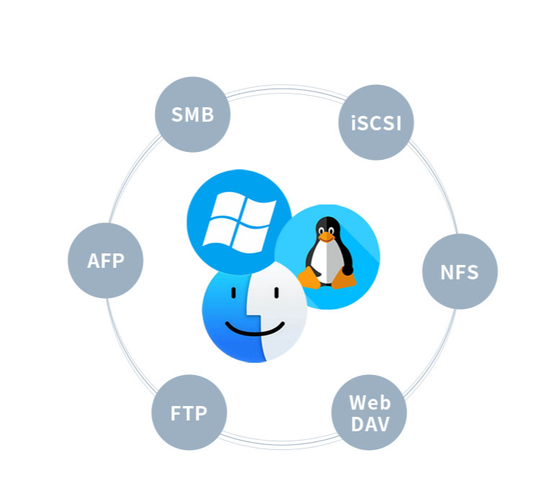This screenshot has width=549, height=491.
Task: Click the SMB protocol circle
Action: point(193,114)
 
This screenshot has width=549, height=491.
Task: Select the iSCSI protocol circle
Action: point(376,122)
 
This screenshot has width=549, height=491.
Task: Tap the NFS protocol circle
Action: point(460,271)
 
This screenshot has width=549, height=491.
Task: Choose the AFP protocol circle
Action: point(106,261)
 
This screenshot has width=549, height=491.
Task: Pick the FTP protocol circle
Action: point(189,413)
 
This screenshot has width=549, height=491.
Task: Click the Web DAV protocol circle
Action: point(369,413)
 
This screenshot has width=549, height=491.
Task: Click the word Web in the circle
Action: point(369,402)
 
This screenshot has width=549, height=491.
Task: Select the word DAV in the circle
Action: point(369,424)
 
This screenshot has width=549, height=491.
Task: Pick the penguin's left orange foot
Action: point(310,278)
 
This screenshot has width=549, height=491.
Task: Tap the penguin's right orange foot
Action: point(346,279)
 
